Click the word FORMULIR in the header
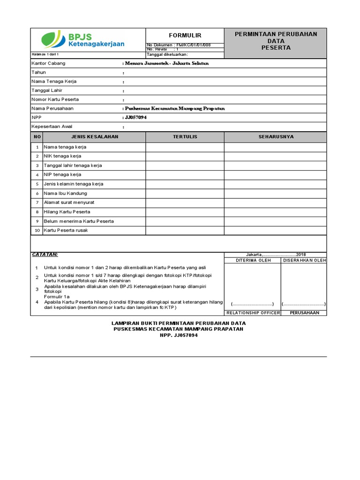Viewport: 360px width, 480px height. [185, 36]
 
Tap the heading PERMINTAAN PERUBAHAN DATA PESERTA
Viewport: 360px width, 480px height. [276, 41]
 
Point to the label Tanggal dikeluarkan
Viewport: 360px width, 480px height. [167, 54]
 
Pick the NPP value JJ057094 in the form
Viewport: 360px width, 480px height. [135, 118]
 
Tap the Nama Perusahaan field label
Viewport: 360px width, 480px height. [52, 108]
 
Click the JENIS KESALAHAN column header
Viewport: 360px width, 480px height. [95, 137]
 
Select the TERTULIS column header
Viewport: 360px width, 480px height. [185, 137]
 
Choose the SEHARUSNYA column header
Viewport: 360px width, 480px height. [276, 137]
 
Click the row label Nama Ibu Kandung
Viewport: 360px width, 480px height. [65, 193]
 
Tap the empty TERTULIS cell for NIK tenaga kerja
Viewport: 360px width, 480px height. [185, 156]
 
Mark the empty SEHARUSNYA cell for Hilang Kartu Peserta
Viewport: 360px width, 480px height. [276, 211]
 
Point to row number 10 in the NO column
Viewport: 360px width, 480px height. [37, 230]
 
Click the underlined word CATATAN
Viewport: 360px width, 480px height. [45, 254]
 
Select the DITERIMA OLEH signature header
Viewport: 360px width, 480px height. [253, 260]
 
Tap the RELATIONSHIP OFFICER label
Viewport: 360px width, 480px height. [253, 313]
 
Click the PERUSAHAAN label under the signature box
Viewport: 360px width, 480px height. [304, 313]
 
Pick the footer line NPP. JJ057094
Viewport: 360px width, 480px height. [178, 335]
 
